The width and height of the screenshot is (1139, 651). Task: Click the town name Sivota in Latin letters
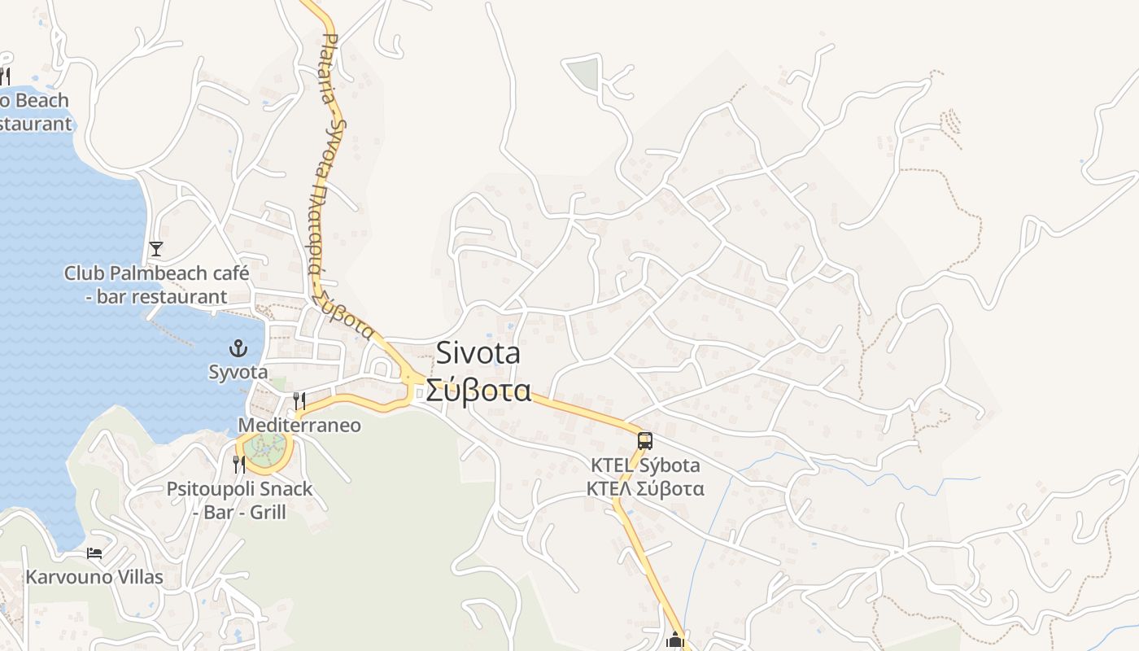[478, 353]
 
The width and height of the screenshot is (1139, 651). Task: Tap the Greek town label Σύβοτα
[478, 391]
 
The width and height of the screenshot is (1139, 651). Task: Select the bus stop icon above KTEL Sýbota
[645, 441]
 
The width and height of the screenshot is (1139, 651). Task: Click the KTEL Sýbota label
[645, 466]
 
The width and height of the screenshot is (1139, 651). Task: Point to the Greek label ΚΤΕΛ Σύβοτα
[645, 489]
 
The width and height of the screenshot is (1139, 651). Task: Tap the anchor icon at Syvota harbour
[238, 349]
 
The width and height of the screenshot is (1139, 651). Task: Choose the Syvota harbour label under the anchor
[238, 372]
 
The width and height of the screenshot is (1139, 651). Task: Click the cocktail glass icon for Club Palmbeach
[156, 248]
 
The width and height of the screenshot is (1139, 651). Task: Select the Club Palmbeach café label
[156, 273]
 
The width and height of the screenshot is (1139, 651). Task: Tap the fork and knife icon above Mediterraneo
[299, 400]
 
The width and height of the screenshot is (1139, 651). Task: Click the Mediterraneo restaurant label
[299, 426]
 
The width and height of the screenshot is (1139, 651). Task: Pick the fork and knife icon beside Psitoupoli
[239, 464]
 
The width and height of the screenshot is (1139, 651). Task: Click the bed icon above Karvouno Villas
[94, 553]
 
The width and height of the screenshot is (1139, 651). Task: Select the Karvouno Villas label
[94, 578]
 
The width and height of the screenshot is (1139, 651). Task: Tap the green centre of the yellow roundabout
[264, 450]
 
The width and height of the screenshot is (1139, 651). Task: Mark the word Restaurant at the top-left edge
[36, 125]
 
